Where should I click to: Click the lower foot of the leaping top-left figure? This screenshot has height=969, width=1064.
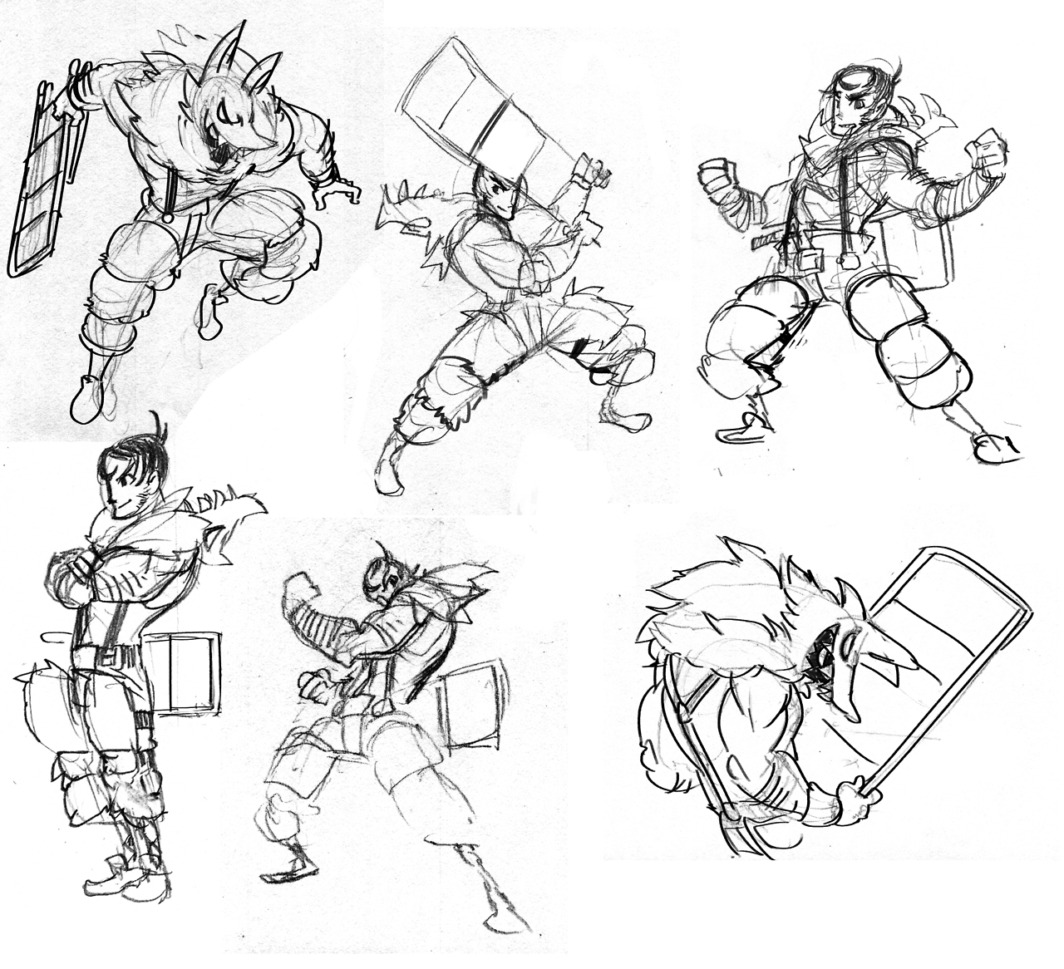86,399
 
